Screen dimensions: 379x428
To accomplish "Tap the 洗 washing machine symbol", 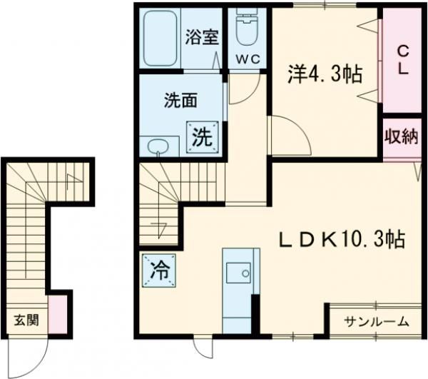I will (201, 136).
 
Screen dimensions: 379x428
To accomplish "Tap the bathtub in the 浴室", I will (160, 39).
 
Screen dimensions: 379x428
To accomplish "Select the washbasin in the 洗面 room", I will (158, 146).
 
